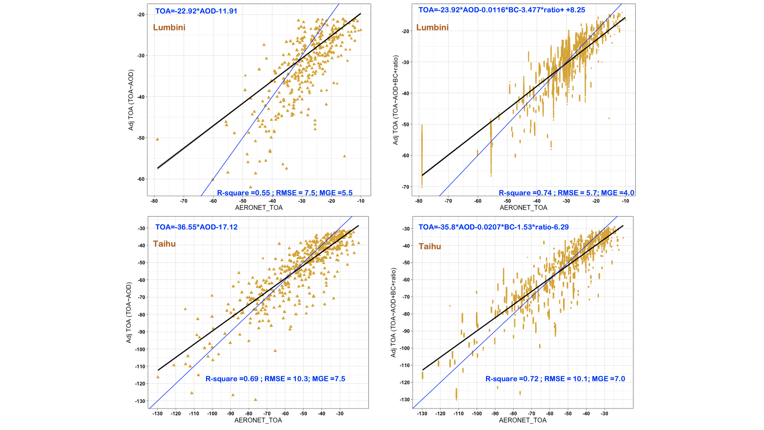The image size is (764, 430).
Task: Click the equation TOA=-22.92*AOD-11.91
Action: click(196, 11)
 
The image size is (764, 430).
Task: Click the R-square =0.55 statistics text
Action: click(285, 193)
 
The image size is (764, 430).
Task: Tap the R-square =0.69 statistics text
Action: click(275, 379)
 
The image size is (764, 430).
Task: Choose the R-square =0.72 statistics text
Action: click(555, 379)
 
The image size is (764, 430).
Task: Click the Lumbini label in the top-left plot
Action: click(169, 28)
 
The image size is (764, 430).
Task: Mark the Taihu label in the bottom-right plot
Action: click(430, 247)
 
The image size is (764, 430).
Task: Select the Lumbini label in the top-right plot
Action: click(432, 28)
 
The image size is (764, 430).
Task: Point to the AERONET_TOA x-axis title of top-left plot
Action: click(259, 208)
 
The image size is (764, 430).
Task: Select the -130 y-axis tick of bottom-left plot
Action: click(140, 401)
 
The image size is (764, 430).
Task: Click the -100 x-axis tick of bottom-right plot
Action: click(477, 414)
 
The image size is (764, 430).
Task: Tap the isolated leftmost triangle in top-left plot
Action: click(158, 139)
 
